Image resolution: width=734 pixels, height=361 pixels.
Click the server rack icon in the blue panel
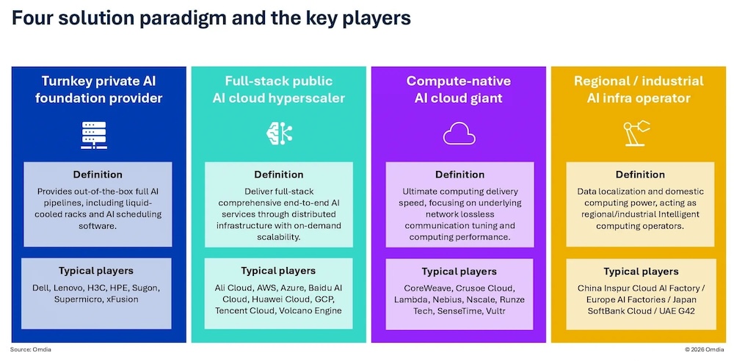click(94, 135)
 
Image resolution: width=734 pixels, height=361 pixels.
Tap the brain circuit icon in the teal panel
click(279, 133)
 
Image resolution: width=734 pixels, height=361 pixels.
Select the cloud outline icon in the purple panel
click(459, 134)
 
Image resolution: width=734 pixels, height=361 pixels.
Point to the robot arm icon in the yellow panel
click(636, 133)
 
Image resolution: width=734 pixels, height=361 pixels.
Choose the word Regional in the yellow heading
click(601, 81)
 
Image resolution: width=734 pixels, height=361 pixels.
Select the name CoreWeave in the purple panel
click(424, 288)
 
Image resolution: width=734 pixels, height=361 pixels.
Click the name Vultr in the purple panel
click(495, 310)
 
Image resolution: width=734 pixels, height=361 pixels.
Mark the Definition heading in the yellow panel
click(640, 175)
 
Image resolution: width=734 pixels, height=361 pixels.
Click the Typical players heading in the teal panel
click(278, 271)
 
